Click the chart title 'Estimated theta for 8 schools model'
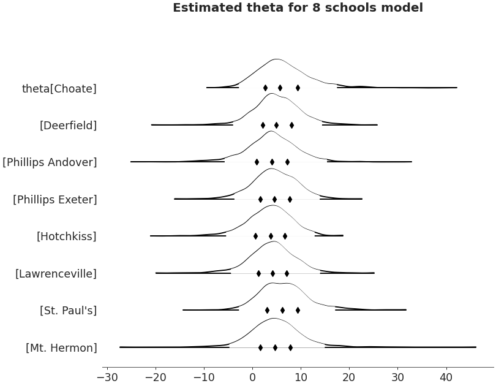(298, 8)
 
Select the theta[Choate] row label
(59, 89)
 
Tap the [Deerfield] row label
(68, 126)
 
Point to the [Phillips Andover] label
(50, 162)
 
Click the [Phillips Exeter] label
(54, 200)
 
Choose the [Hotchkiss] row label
(66, 237)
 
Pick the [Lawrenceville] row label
(56, 274)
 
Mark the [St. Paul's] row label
(68, 311)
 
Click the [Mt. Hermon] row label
(61, 348)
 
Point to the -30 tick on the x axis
(107, 376)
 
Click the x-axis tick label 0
(252, 376)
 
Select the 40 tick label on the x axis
(446, 376)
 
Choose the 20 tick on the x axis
(349, 376)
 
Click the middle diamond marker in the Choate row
(280, 88)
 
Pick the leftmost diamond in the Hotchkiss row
(255, 236)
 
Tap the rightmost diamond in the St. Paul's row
(298, 310)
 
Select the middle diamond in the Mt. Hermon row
(275, 347)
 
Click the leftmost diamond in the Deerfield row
(263, 125)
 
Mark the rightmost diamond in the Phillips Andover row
(287, 162)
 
